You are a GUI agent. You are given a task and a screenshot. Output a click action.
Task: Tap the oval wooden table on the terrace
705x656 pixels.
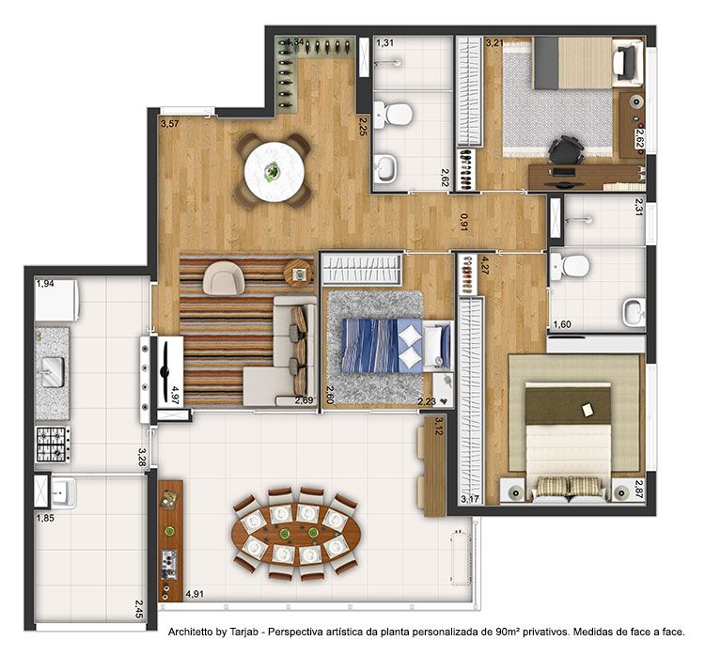pyautogui.click(x=295, y=533)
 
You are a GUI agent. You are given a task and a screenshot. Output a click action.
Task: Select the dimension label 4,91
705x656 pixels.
pyautogui.click(x=195, y=594)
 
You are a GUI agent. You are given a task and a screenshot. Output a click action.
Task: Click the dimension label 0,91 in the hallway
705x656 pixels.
pyautogui.click(x=463, y=222)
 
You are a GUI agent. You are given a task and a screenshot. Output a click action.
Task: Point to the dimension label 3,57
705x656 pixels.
pyautogui.click(x=170, y=123)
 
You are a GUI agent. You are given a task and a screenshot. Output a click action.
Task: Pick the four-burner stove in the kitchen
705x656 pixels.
pyautogui.click(x=53, y=445)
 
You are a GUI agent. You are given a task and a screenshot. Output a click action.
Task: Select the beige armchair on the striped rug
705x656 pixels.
pyautogui.click(x=223, y=277)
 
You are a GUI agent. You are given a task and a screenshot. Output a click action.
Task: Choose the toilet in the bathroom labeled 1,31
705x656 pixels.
pyautogui.click(x=393, y=115)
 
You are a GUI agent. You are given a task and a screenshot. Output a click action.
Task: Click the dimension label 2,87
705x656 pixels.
pyautogui.click(x=639, y=490)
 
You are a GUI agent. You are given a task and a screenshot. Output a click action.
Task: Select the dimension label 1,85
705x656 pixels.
pyautogui.click(x=45, y=518)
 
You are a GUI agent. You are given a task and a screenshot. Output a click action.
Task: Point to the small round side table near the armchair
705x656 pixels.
pyautogui.click(x=299, y=273)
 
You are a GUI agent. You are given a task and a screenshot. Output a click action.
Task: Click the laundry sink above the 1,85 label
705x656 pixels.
pyautogui.click(x=63, y=492)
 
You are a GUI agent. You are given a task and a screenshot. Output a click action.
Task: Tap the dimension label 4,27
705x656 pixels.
pyautogui.click(x=484, y=265)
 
